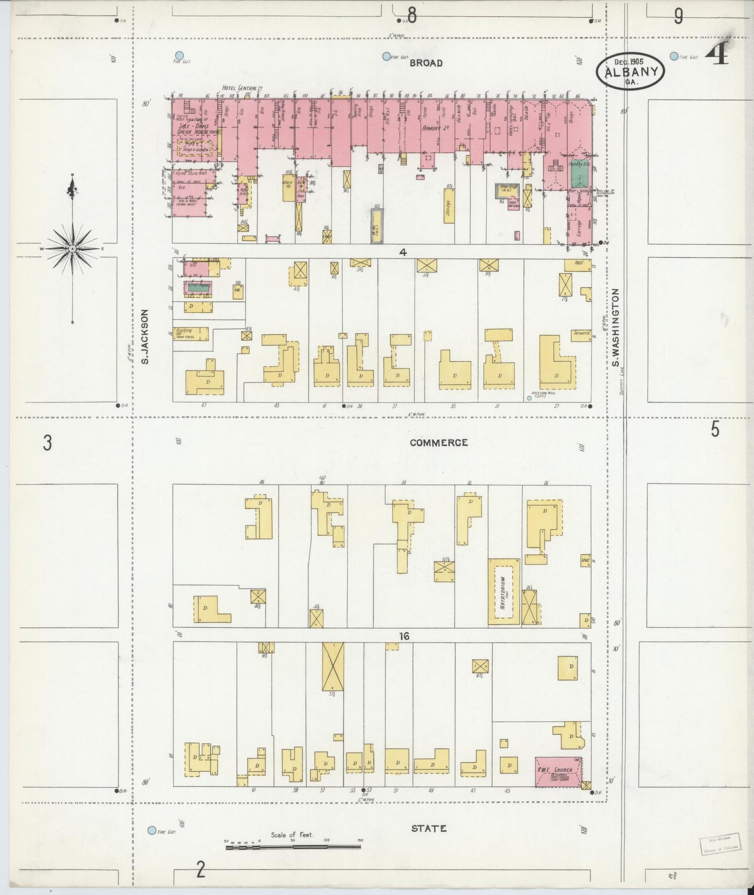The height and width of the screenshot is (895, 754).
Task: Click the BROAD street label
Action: (426, 63)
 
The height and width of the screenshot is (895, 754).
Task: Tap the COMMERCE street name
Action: (438, 443)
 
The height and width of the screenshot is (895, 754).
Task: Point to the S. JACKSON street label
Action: (146, 337)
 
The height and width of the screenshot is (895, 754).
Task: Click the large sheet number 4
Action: (720, 54)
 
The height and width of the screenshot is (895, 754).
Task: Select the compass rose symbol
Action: (72, 249)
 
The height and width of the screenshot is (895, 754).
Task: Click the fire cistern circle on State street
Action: (152, 830)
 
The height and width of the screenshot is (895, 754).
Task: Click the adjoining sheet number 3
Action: (47, 443)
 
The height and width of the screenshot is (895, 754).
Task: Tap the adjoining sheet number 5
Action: (714, 430)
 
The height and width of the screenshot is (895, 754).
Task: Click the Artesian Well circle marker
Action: (529, 398)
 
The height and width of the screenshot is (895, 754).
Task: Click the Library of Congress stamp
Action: (719, 842)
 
